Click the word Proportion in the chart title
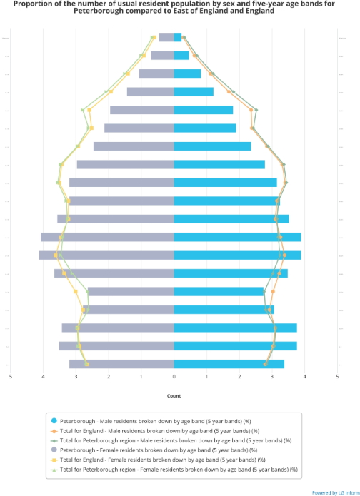(31, 4)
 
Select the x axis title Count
(174, 395)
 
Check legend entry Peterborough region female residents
(179, 470)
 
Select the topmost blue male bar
(178, 37)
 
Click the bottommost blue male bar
(229, 364)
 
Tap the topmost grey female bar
(166, 37)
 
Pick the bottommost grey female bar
(121, 364)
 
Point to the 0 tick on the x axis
(174, 376)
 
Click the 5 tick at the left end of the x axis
(11, 376)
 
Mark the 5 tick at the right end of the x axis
(337, 376)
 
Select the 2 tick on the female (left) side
(109, 376)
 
